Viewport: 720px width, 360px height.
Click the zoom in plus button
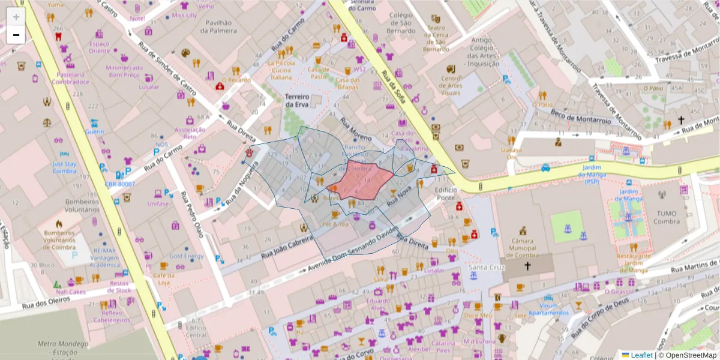16,17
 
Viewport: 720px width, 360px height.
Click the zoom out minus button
16,35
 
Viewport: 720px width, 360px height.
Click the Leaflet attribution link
641,355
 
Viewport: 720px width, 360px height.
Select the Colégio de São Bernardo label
401,23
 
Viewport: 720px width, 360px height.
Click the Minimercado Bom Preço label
124,72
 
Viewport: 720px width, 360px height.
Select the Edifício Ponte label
446,193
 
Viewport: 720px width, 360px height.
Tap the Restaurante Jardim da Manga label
633,263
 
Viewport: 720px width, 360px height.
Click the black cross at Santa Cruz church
528,266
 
